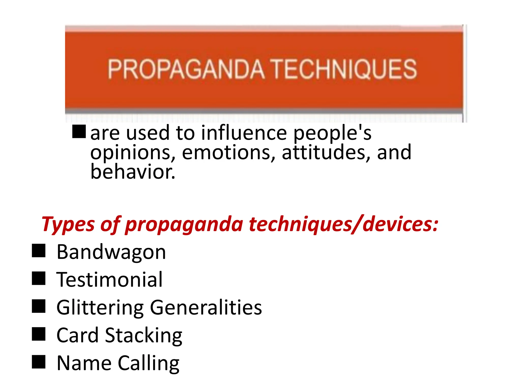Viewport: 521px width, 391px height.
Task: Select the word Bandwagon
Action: [111, 252]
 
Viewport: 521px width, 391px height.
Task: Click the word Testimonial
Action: [109, 280]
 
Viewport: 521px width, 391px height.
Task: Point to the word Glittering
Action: [100, 308]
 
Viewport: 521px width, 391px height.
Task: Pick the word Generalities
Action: [206, 308]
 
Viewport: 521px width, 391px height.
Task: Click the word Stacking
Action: [144, 336]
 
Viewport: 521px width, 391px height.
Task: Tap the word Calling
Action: [149, 363]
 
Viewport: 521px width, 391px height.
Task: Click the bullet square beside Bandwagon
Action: [39, 251]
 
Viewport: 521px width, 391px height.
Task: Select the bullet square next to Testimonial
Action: [39, 278]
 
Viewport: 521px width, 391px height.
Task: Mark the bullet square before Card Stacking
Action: [39, 334]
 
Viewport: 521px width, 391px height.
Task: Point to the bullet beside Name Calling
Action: [39, 362]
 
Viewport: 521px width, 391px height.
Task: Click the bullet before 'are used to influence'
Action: [79, 132]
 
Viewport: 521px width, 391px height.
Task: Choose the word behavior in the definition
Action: [133, 172]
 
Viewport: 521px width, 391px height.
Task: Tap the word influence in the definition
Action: [244, 133]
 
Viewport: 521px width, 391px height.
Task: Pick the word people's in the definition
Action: [332, 133]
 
